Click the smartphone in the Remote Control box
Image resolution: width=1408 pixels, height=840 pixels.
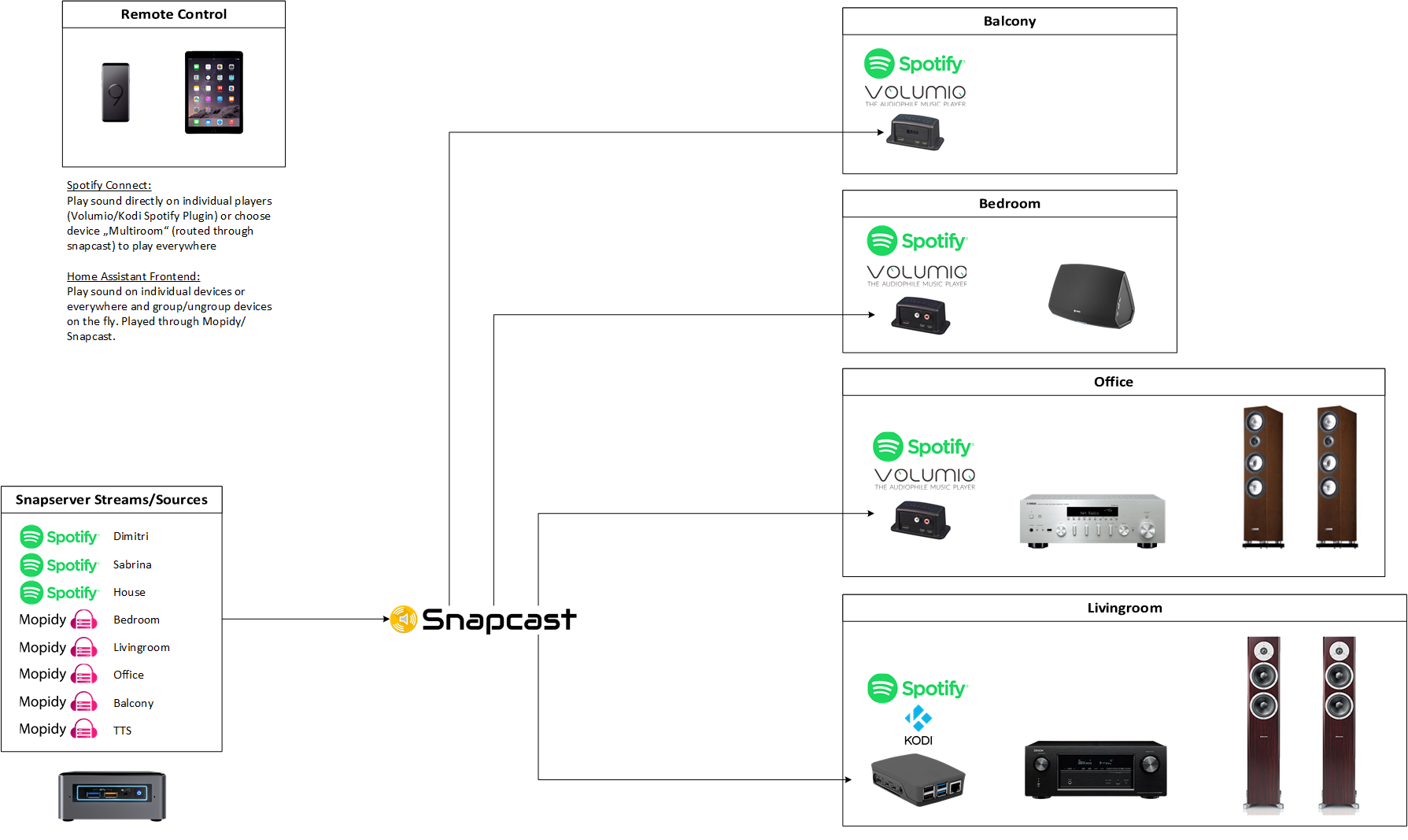point(116,93)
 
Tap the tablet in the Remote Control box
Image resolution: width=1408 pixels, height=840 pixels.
point(214,92)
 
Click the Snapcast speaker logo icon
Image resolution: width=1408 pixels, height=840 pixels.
point(404,620)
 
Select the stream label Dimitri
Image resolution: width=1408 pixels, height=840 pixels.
point(131,536)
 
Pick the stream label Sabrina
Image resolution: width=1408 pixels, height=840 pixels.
point(132,564)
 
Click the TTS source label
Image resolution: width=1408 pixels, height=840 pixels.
point(122,731)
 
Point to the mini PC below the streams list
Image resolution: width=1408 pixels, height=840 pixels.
point(112,796)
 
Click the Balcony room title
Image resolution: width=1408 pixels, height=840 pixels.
point(1009,21)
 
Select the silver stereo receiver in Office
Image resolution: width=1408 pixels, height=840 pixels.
point(1092,520)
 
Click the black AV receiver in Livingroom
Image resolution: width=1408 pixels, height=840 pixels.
point(1096,769)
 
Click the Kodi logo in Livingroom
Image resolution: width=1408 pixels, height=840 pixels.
point(918,725)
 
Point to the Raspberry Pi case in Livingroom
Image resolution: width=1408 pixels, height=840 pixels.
point(918,779)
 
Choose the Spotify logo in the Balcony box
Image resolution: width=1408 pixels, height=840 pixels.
point(914,64)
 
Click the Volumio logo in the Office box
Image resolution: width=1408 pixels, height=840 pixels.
point(925,477)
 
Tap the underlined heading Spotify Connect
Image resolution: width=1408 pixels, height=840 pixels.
point(109,185)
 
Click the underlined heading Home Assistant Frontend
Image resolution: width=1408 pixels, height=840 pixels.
point(133,276)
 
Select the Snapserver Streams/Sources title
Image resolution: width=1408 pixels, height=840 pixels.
point(112,500)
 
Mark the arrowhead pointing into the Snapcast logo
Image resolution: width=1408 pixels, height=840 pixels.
point(386,619)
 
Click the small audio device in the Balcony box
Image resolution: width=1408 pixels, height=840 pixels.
point(915,131)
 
